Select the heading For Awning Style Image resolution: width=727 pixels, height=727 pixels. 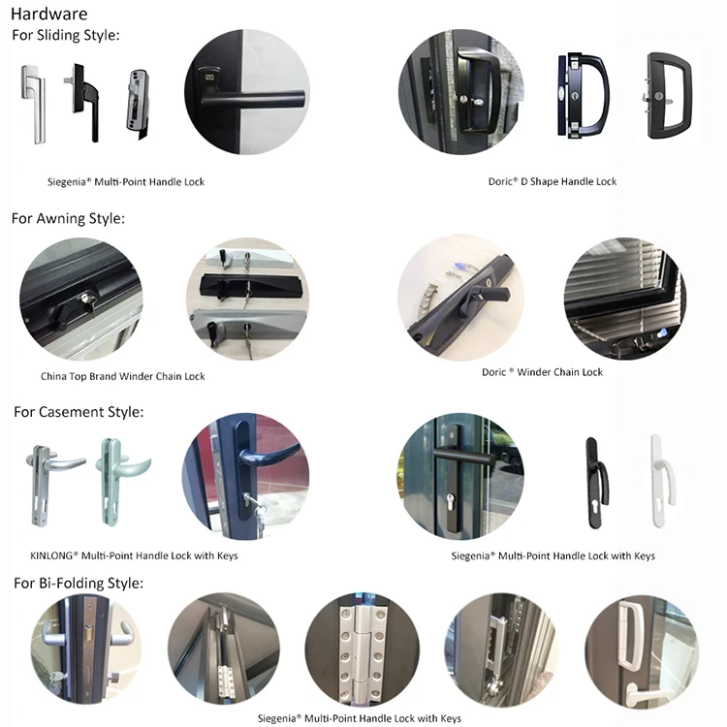pos(68,218)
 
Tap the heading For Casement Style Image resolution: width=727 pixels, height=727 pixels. pos(79,412)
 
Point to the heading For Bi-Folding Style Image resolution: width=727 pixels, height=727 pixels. pos(79,583)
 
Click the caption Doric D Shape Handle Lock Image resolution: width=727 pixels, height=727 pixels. pos(553,181)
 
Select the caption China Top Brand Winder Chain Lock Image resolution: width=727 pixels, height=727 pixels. pos(123,376)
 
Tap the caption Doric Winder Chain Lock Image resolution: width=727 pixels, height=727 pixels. pos(542,372)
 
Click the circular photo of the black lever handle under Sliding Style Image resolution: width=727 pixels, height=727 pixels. pos(246,92)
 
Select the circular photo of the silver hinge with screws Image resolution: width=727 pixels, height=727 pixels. pos(363,650)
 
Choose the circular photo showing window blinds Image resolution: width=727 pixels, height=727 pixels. pos(624,297)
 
